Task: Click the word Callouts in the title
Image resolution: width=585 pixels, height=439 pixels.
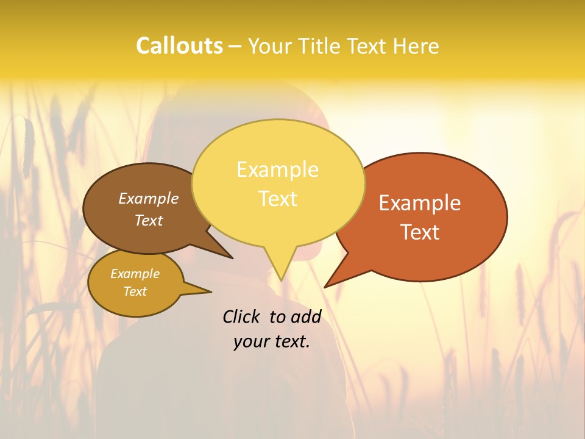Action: click(179, 46)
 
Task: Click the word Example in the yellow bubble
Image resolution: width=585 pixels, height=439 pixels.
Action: click(278, 170)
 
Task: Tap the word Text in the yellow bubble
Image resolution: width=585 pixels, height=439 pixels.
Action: click(278, 199)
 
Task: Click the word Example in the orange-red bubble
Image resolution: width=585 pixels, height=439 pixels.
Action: click(420, 203)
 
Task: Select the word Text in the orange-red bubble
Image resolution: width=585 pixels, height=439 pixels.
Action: click(420, 232)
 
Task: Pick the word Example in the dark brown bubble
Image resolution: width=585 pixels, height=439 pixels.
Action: click(149, 199)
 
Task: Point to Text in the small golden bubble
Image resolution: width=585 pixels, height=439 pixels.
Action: click(135, 291)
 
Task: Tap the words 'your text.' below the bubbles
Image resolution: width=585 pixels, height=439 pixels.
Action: click(272, 341)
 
